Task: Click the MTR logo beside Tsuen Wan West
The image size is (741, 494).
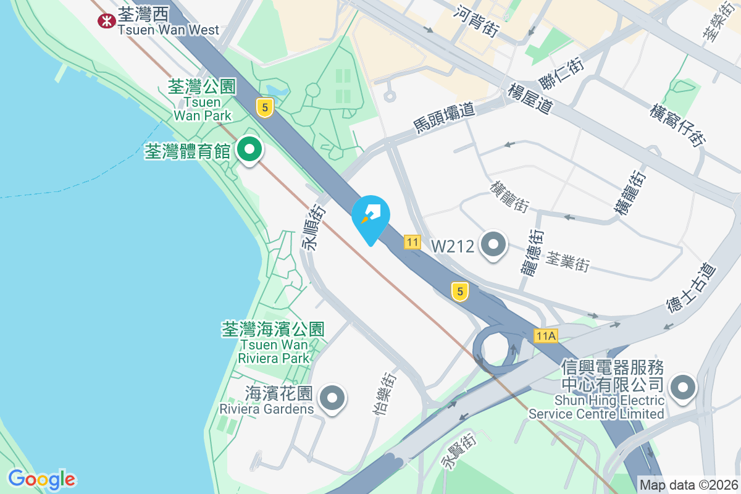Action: (107, 20)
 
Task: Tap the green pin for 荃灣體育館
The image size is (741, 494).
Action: (248, 150)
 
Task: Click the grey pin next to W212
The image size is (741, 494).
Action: (493, 245)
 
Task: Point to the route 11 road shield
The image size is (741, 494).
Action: (412, 242)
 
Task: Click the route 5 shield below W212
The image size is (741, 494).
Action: (459, 291)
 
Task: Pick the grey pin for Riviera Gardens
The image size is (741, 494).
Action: (333, 398)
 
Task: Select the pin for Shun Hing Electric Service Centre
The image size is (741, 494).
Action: (682, 388)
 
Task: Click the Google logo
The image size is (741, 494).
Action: (41, 479)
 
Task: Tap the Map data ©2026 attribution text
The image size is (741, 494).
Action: (689, 485)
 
